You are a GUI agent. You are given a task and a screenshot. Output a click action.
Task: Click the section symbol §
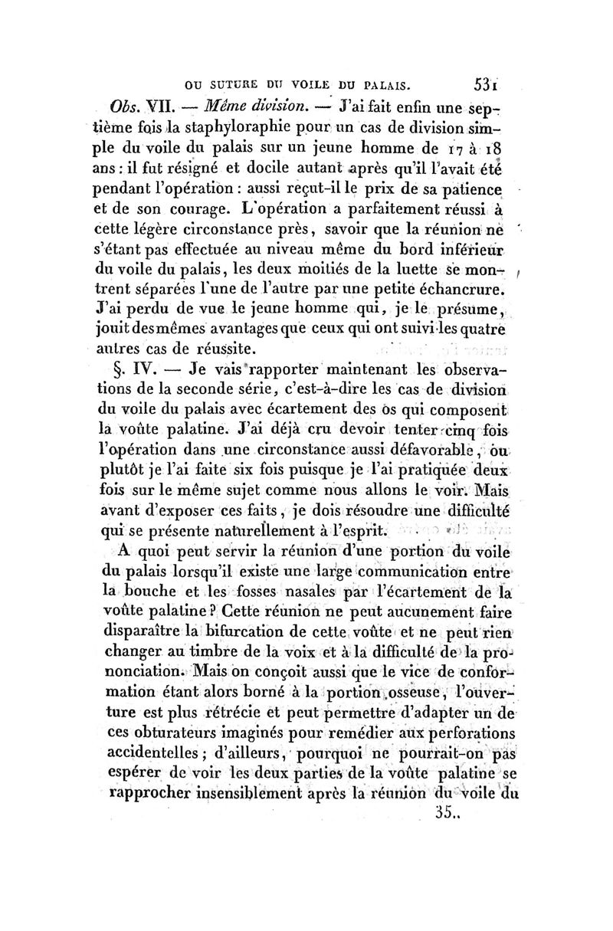118,368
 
